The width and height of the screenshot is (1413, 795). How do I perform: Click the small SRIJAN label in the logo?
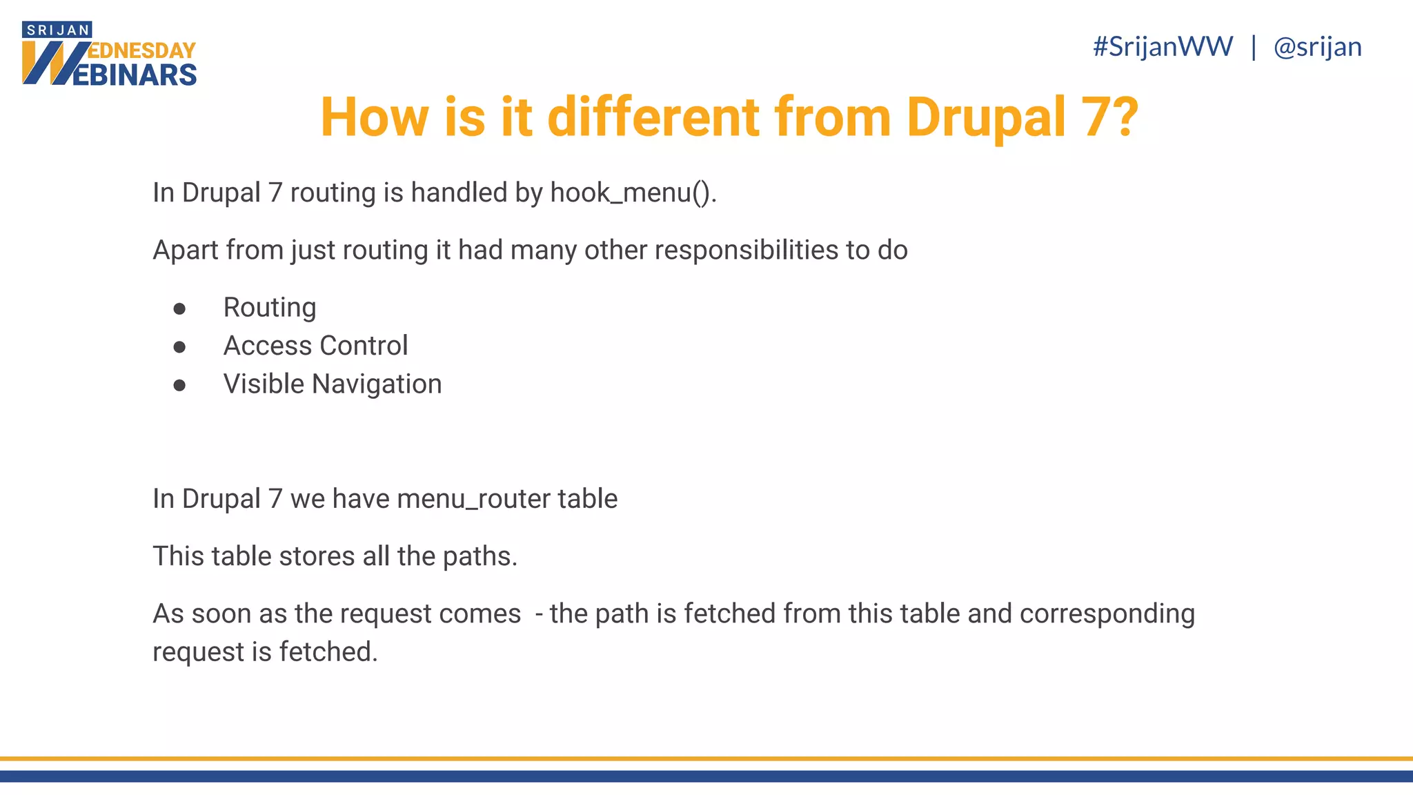pos(58,30)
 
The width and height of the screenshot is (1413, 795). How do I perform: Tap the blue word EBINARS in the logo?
pos(135,75)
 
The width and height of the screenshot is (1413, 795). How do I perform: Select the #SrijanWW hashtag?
pos(1163,47)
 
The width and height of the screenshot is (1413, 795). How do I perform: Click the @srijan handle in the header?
pos(1317,47)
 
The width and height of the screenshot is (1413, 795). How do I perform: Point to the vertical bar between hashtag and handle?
pos(1254,47)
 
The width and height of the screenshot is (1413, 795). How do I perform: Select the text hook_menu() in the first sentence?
pos(633,193)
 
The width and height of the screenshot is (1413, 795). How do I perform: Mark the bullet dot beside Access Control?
pos(180,346)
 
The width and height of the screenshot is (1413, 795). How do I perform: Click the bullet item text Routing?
pos(270,308)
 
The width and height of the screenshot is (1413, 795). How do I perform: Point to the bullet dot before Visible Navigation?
pos(180,385)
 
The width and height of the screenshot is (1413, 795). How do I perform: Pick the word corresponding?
pos(1107,614)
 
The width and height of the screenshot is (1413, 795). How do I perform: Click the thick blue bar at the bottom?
pos(706,776)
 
